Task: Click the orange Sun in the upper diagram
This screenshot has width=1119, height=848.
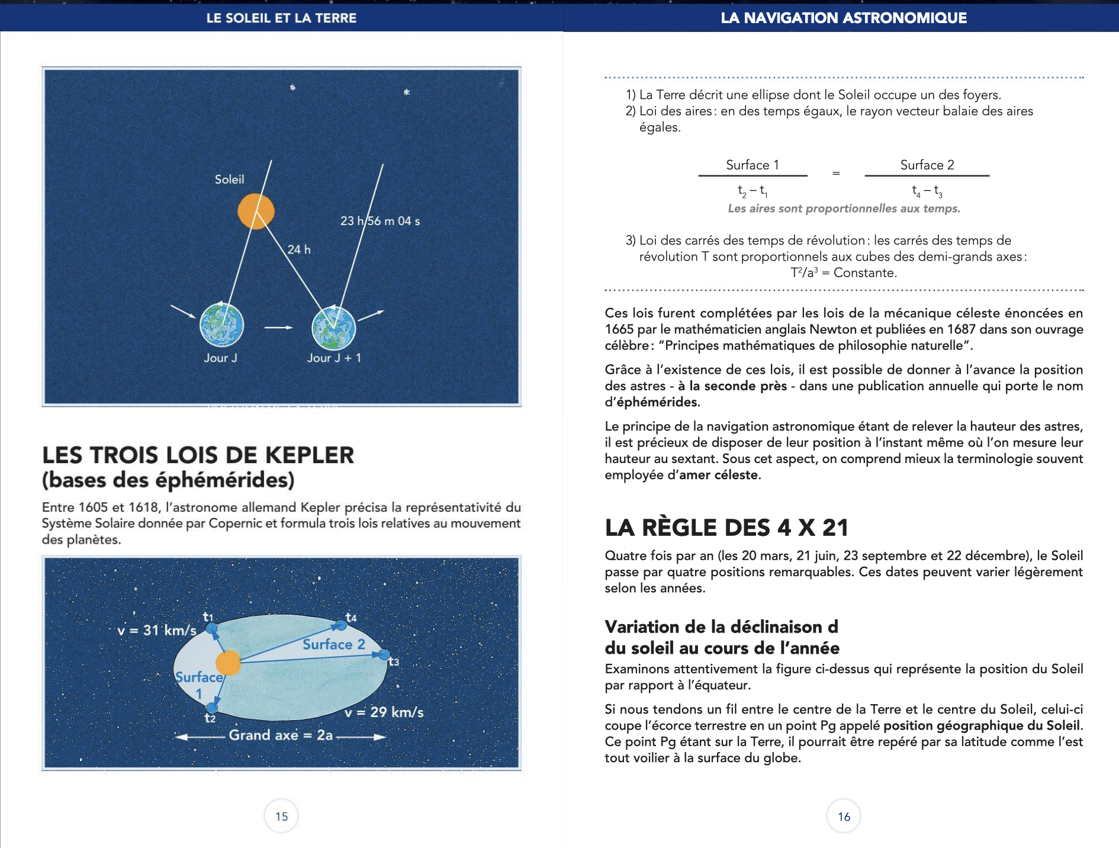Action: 256,211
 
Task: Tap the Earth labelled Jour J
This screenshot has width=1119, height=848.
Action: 221,325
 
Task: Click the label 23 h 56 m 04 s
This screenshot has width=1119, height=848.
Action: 380,221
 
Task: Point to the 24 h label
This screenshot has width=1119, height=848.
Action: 299,249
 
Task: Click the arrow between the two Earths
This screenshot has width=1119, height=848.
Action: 278,327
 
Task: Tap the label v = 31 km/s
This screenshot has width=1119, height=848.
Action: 156,631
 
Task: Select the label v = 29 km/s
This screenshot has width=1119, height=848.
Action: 384,712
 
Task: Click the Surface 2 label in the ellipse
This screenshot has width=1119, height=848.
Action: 334,644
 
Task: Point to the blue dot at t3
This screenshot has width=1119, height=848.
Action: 384,655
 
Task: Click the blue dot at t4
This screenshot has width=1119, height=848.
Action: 340,625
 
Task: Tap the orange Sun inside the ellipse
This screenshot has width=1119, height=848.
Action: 228,663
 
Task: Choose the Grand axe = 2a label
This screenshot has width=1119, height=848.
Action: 281,735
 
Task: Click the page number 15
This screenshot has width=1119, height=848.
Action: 281,816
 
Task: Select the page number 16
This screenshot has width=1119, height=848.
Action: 844,816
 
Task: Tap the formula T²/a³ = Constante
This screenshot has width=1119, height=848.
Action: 844,273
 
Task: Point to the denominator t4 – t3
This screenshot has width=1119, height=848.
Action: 927,191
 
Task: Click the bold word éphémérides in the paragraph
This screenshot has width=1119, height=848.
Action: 658,402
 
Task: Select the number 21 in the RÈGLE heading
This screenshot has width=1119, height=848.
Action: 835,527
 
